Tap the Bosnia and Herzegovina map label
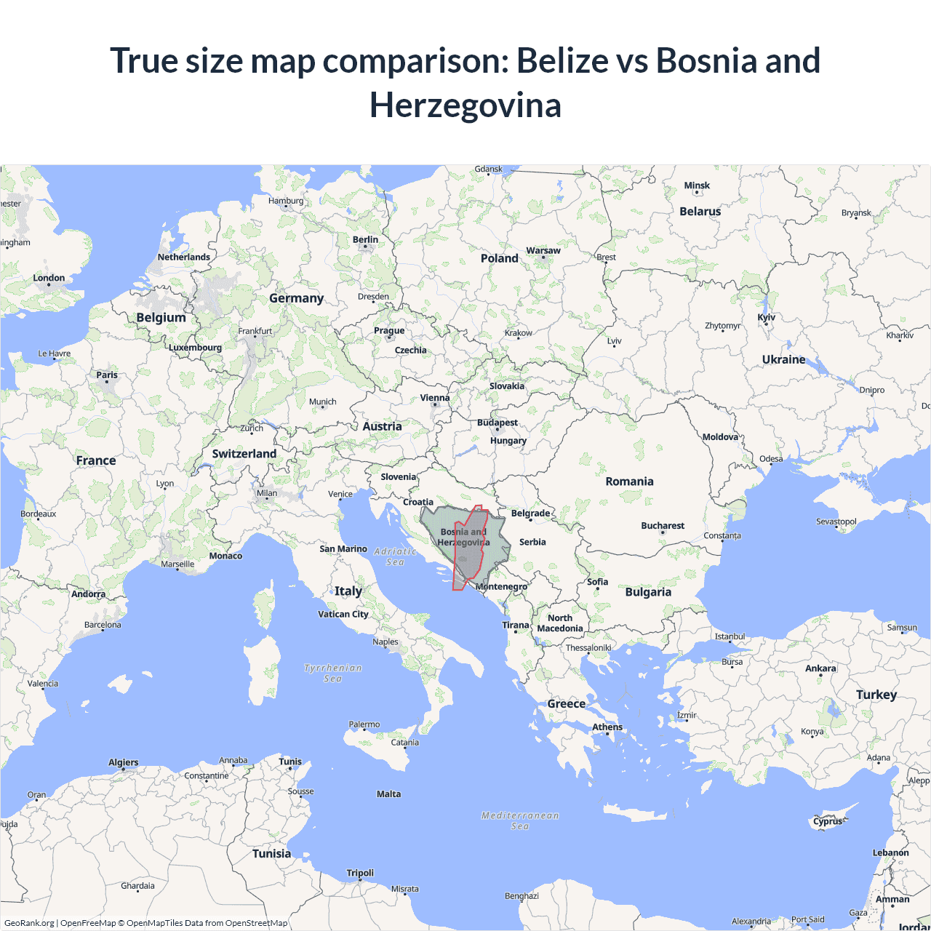[x=463, y=537]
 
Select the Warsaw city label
[x=543, y=250]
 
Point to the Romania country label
[x=629, y=482]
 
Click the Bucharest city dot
[x=662, y=532]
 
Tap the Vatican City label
[x=343, y=614]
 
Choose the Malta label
[x=388, y=794]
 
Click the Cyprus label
[x=828, y=821]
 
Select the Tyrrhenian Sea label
[x=332, y=673]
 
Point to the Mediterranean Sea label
[x=520, y=820]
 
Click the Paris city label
[x=107, y=375]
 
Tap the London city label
[x=49, y=278]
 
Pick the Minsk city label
[x=697, y=185]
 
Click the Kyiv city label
[x=767, y=317]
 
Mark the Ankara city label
[x=820, y=668]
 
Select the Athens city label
[x=607, y=727]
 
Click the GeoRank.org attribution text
[x=29, y=923]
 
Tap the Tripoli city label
[x=360, y=873]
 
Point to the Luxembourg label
[x=195, y=347]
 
